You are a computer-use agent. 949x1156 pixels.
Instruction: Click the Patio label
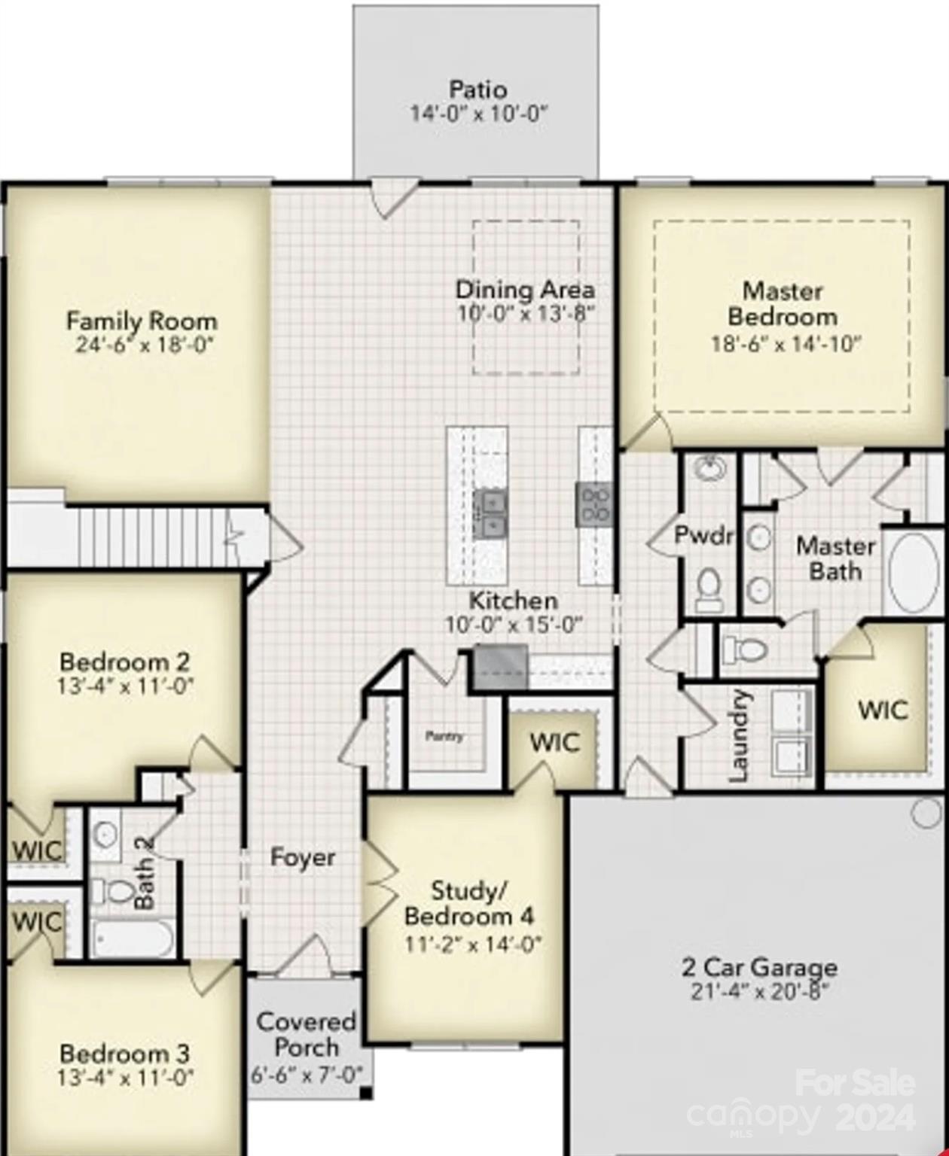pos(478,90)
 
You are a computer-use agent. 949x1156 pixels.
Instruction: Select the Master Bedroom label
pos(783,303)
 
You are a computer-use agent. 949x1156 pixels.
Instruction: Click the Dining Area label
pos(525,289)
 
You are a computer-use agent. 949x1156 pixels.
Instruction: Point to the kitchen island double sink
pos(490,513)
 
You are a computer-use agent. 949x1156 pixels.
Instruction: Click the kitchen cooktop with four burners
pos(594,504)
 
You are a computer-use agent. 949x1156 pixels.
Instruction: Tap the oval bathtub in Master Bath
pos(914,571)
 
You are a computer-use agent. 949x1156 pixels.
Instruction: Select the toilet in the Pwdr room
pos(709,589)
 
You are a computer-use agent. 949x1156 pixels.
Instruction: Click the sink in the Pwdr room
pos(709,469)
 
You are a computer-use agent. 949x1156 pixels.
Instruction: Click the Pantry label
pos(444,736)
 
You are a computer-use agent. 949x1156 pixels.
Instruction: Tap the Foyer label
pos(303,856)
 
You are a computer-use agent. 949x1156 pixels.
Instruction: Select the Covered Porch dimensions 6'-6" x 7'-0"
pos(307,1074)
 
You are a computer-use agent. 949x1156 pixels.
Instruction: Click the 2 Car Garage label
pos(759,966)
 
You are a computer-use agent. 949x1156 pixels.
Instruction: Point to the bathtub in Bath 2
pos(134,938)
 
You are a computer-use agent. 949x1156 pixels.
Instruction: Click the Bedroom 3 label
pos(124,1052)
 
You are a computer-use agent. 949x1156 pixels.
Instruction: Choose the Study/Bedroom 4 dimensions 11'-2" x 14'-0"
pos(473,944)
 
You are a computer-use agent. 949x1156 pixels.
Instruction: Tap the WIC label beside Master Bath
pos(883,709)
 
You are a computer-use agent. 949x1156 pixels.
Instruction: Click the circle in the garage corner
pos(925,814)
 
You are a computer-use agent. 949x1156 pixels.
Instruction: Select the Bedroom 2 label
pos(124,662)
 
